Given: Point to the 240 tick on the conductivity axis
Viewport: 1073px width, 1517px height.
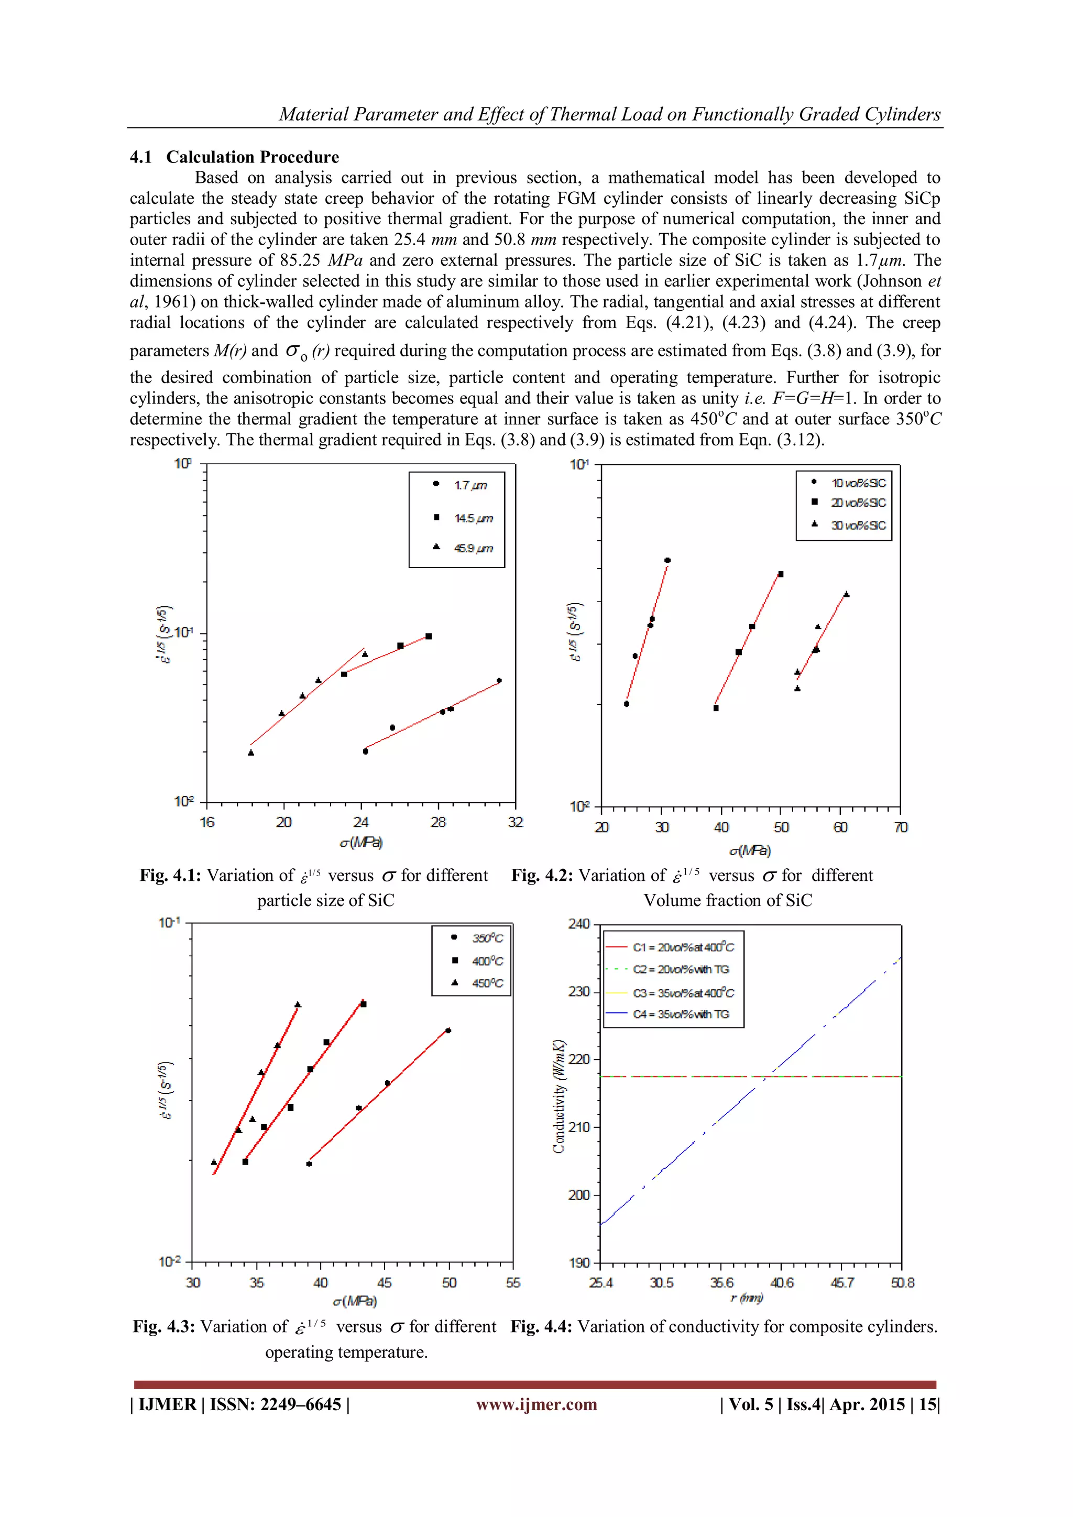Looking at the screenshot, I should pyautogui.click(x=579, y=924).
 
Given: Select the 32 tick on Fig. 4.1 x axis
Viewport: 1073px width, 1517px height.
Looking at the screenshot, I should pyautogui.click(x=516, y=822).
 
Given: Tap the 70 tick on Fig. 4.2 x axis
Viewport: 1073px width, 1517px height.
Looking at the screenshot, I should pyautogui.click(x=901, y=827).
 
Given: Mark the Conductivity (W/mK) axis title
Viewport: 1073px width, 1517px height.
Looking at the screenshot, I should pyautogui.click(x=559, y=1097).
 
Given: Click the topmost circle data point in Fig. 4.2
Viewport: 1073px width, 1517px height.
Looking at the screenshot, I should pyautogui.click(x=667, y=560).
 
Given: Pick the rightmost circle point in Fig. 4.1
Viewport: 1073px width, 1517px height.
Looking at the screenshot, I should pyautogui.click(x=499, y=681).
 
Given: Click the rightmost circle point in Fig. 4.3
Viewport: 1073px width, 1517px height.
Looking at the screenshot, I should pyautogui.click(x=448, y=1031).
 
